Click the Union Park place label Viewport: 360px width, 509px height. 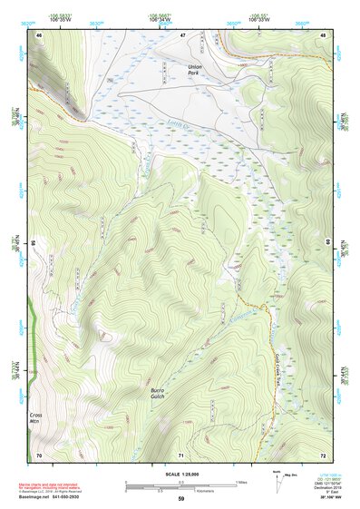click(195, 71)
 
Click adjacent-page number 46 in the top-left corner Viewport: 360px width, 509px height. click(39, 35)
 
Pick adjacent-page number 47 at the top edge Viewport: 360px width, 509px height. click(182, 35)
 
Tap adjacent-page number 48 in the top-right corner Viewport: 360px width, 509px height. click(325, 35)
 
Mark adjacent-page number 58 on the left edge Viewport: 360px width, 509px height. click(34, 244)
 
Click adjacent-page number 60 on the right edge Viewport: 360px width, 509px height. click(328, 244)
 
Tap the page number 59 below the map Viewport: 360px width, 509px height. click(181, 498)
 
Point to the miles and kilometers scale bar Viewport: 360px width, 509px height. click(181, 481)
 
